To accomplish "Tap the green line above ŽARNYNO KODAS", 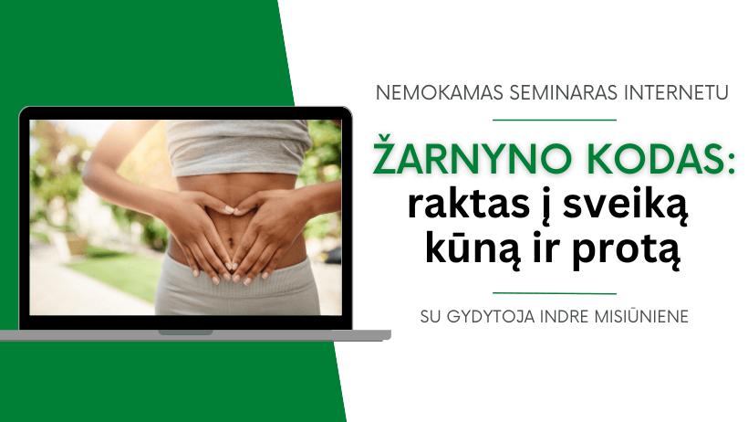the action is click(555, 120).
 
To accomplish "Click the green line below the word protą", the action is click(555, 293).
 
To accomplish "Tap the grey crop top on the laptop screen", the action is click(238, 146).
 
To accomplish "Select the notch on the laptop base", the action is click(185, 332).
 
